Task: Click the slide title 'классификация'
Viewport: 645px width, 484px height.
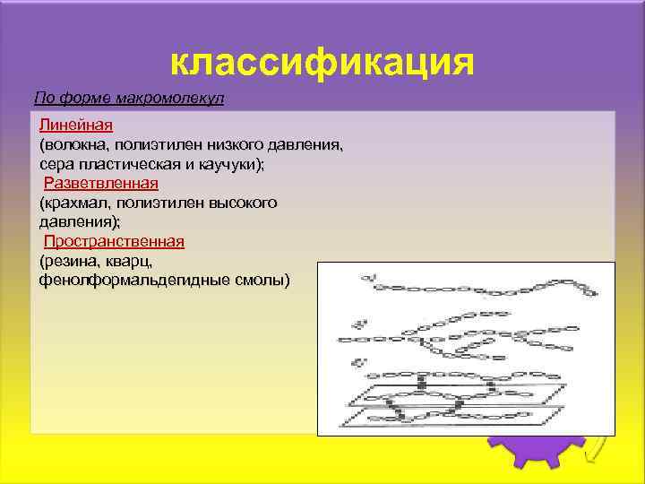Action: pyautogui.click(x=321, y=62)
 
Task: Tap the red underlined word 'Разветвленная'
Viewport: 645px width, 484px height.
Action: pyautogui.click(x=101, y=183)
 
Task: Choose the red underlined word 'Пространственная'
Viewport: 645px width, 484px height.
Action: pyautogui.click(x=114, y=241)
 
